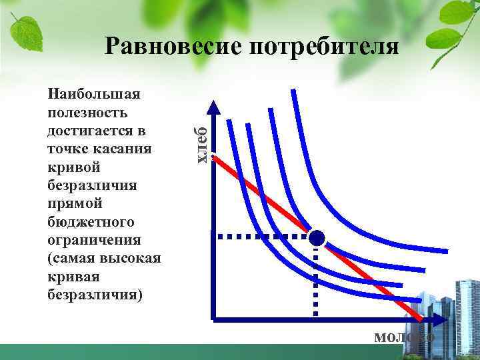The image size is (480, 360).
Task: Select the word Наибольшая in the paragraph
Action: [x=93, y=95]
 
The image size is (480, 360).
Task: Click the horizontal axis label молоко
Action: [x=404, y=337]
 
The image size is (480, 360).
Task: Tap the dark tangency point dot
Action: [x=317, y=237]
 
